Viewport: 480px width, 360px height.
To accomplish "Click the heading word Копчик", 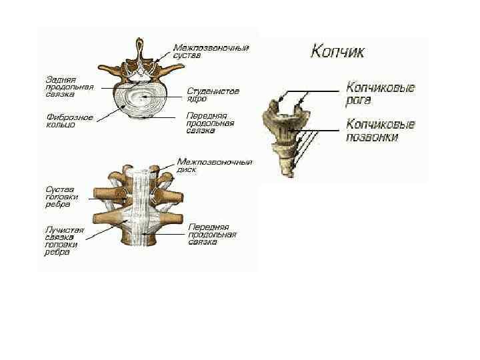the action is pos(337,51).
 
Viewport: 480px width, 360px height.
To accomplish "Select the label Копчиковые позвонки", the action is pos(381,131).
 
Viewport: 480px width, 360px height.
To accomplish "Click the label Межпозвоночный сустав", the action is pos(211,51).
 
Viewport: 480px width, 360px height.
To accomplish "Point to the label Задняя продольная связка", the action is pos(69,87).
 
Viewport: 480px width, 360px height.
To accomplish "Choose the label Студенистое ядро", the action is pos(213,94).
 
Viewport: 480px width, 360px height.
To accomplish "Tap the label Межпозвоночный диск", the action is pos(214,166).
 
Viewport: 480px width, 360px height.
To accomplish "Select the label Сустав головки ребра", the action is pos(62,196).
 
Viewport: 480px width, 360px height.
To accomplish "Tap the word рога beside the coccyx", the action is pos(359,101).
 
